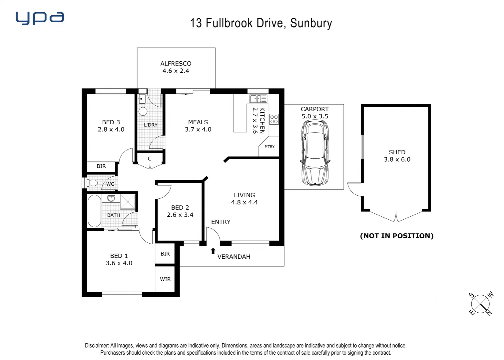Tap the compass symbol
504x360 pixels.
480,304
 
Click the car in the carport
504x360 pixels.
315,153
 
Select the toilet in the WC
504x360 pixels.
93,183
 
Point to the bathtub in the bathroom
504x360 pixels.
94,211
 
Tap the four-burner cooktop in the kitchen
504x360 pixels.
274,119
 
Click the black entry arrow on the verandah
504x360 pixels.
213,251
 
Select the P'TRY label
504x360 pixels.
269,146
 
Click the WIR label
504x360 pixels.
165,279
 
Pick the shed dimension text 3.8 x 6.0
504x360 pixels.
397,159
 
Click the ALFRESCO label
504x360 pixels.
176,63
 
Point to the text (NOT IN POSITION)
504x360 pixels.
397,236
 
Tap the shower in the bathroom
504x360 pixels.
128,201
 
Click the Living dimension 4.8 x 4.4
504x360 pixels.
244,202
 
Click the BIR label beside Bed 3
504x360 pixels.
101,166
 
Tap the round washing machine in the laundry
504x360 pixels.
143,111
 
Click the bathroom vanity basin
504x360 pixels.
111,198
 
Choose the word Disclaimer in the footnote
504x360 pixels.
97,346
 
